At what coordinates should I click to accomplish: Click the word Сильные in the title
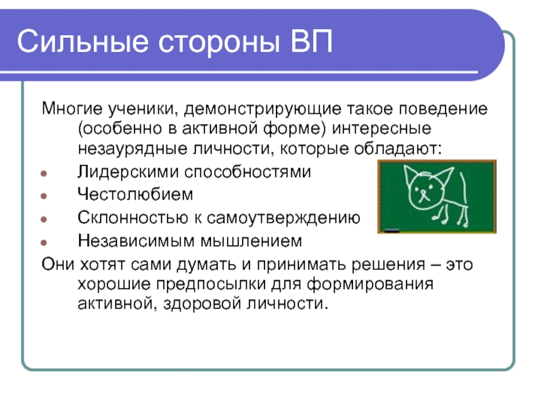pyautogui.click(x=83, y=41)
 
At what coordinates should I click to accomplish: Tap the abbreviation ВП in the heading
pyautogui.click(x=311, y=41)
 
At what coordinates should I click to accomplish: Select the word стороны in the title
pyautogui.click(x=219, y=44)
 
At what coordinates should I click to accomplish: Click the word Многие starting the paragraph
pyautogui.click(x=72, y=108)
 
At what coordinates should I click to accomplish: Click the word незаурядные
pyautogui.click(x=133, y=149)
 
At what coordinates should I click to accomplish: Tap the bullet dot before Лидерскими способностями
pyautogui.click(x=44, y=173)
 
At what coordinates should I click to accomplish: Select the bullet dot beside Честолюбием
pyautogui.click(x=44, y=196)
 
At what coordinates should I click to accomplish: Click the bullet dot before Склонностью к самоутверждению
pyautogui.click(x=44, y=219)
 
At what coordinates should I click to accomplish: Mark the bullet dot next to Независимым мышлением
pyautogui.click(x=44, y=242)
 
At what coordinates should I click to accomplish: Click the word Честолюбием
pyautogui.click(x=135, y=194)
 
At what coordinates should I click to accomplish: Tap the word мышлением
pyautogui.click(x=251, y=242)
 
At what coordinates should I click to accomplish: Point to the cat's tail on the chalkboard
pyautogui.click(x=464, y=188)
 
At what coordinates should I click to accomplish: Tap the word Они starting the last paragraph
pyautogui.click(x=58, y=265)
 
